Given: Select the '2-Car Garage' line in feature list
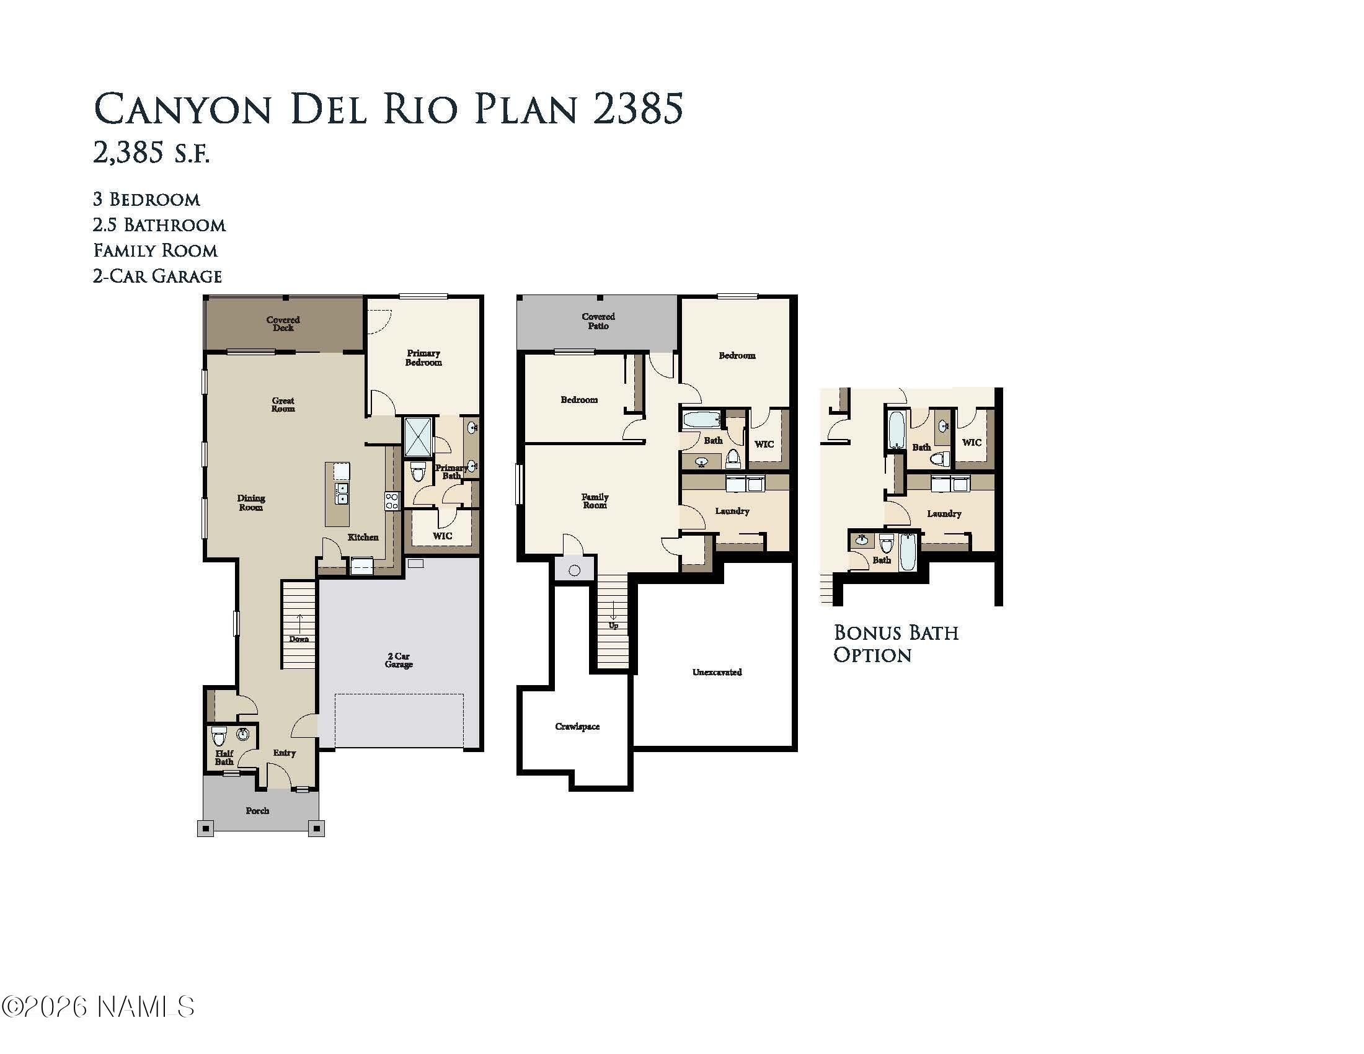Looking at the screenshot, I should point(157,276).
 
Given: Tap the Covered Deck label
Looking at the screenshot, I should point(283,324).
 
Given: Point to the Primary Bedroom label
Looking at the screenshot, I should point(423,358).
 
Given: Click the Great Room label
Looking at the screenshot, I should point(283,405).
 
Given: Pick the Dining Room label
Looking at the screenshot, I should point(250,503).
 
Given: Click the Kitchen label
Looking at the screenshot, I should point(363,537).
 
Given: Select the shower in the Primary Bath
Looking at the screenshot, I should point(417,436).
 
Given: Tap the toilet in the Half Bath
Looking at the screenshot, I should point(219,737).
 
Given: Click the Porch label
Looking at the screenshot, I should point(257,810).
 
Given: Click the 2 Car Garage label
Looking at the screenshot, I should point(399,660).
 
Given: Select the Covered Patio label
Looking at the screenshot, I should point(598,321).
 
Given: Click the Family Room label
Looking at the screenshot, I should point(595,501).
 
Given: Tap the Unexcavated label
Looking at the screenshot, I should point(717,672).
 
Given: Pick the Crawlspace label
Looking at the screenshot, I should point(577,726).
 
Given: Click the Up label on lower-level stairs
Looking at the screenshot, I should point(613,625).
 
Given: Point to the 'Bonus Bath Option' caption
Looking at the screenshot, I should point(896,644).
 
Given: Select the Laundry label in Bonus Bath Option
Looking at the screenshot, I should point(944,513).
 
